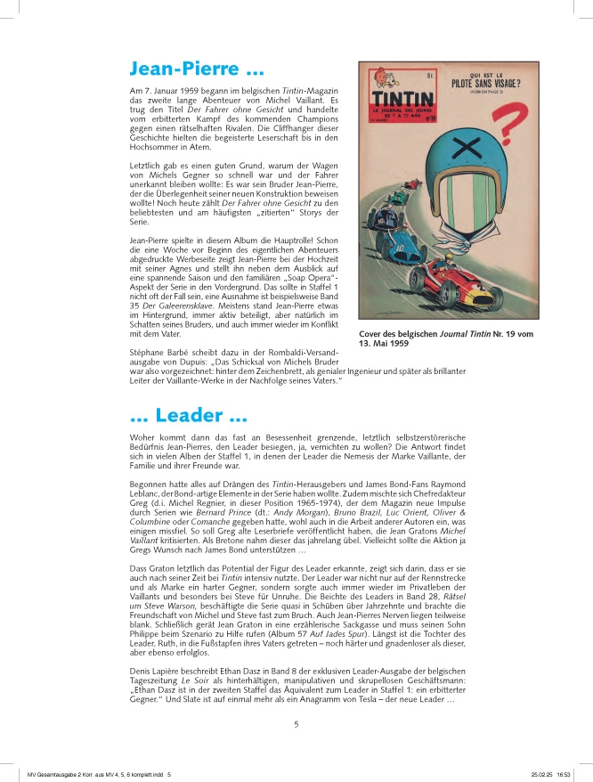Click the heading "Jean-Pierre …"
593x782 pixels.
[196, 69]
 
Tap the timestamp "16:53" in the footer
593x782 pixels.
[567, 774]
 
